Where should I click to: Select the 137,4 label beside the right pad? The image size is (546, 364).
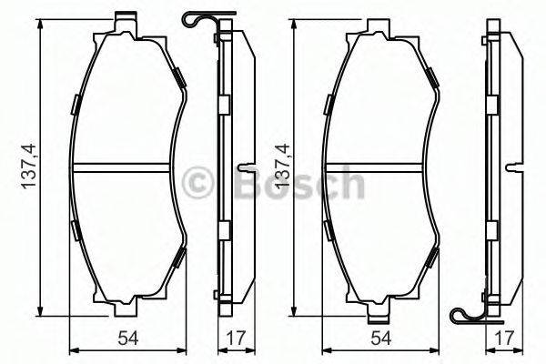coord(282,167)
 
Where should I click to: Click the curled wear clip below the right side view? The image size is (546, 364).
coord(469,314)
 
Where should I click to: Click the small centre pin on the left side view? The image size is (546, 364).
coord(245,167)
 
